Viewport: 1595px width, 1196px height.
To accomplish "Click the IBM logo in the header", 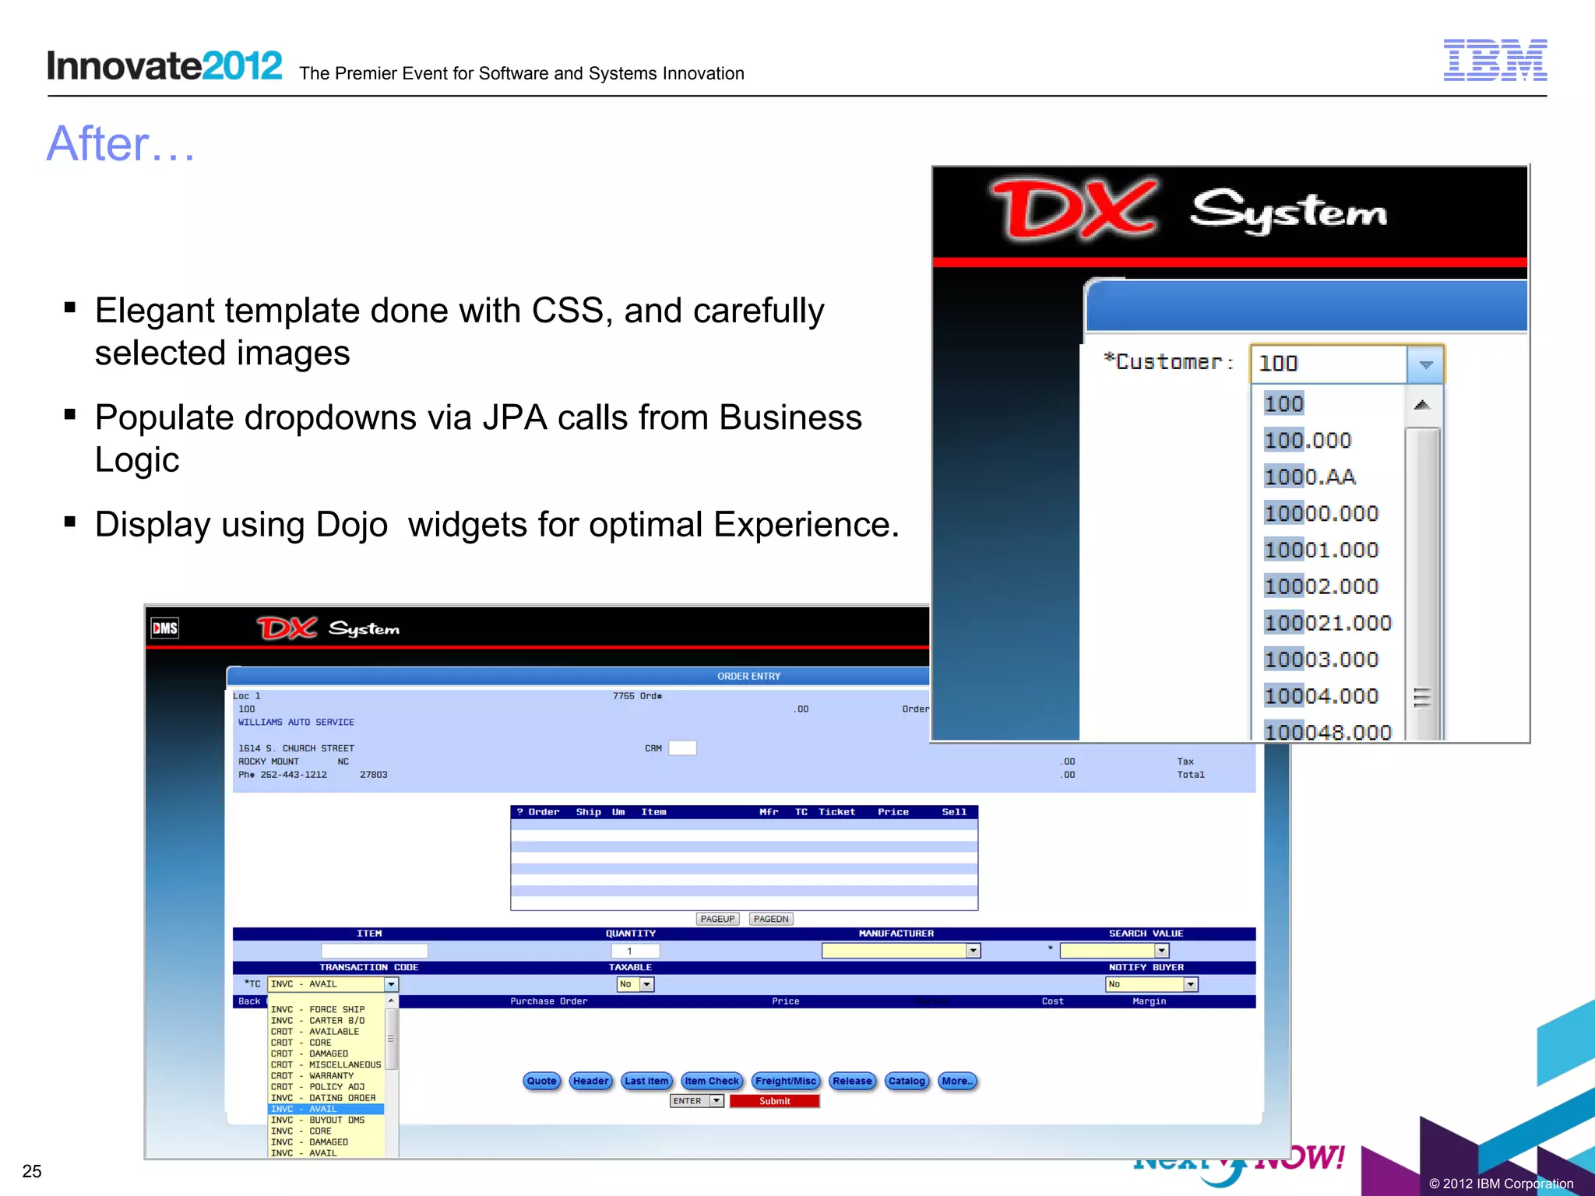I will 1495,60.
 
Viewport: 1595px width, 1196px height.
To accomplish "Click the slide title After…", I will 121,144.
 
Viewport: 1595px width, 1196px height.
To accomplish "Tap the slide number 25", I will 32,1171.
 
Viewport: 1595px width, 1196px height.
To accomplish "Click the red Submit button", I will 774,1101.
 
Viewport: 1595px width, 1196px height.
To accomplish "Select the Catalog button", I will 907,1081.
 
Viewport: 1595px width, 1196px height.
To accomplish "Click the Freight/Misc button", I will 786,1081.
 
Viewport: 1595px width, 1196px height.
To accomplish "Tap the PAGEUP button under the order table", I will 717,919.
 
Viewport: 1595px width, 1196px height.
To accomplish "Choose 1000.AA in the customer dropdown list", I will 1310,477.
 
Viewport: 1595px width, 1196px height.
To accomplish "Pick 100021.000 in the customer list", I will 1328,623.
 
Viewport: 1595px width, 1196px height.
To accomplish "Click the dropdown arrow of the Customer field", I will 1425,364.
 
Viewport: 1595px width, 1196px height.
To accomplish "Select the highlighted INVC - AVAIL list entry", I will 326,1109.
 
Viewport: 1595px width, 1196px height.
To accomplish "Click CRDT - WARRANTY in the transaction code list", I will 312,1075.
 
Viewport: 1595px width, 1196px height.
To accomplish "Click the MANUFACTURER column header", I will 896,934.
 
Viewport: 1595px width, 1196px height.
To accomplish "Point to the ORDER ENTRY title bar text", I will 748,676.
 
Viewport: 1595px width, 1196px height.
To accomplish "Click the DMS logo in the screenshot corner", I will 165,628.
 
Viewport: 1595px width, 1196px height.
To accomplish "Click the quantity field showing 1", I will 635,951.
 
